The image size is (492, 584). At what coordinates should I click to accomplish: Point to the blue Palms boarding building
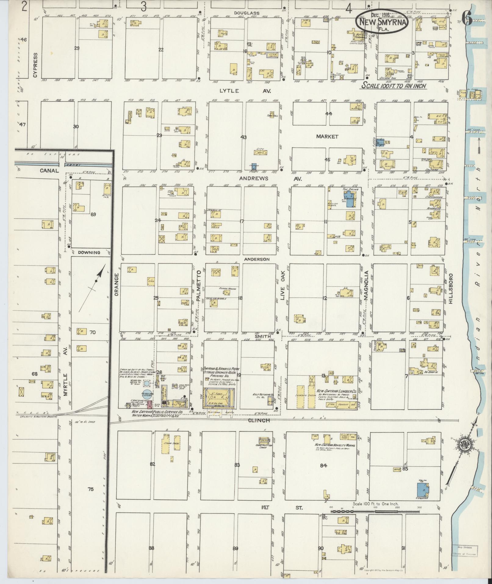coord(350,200)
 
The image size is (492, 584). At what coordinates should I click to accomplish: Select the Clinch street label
coord(261,420)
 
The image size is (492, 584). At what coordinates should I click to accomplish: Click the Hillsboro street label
coord(450,288)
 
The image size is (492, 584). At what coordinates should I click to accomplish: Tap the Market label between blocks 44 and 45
coord(327,136)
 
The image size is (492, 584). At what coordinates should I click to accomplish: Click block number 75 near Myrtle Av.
coord(90,489)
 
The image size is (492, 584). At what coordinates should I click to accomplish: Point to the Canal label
coord(49,171)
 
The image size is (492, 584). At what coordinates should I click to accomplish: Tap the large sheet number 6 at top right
coord(467,18)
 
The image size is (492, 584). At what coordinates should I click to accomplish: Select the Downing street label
coord(89,252)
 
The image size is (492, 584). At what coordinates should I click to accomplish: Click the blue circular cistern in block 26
coord(147,394)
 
